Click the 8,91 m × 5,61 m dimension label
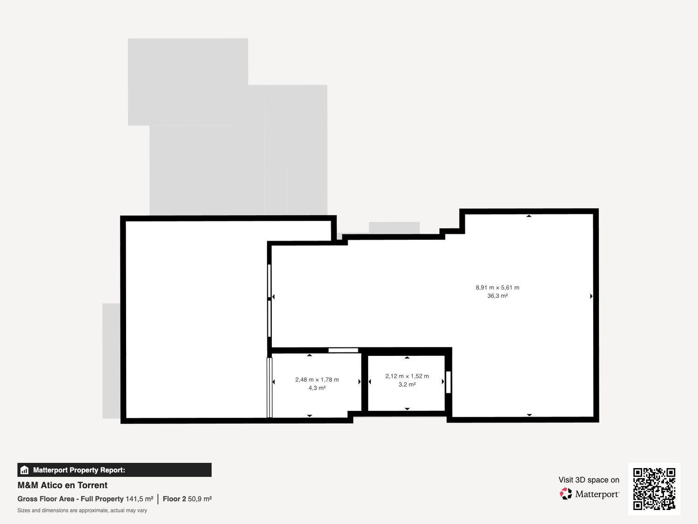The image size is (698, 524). pos(497,287)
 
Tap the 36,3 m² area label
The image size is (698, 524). pos(497,296)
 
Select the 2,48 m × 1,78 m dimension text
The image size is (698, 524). pos(317,380)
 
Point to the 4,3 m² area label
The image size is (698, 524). pos(317,388)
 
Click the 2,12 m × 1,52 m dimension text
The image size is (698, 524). pos(407,376)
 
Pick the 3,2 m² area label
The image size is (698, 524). pos(407,384)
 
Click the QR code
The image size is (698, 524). pos(654,489)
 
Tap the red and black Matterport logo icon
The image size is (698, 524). pos(566,493)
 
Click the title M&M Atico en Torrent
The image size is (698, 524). pos(62,485)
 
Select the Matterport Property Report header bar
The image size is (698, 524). pos(114,470)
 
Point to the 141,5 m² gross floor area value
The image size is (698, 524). pos(139,499)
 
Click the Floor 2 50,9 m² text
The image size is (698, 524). pos(188,499)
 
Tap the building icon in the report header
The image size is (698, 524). pos(25,470)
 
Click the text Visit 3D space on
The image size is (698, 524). pos(589,480)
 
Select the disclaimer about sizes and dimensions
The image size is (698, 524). pos(82,510)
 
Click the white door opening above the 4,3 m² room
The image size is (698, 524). pos(343,350)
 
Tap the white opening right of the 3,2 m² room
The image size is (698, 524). pos(449,382)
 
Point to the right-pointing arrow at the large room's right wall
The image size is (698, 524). pos(591,296)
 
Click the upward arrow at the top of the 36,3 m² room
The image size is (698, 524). pos(529,216)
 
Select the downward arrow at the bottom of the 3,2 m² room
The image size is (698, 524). pos(407,409)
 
